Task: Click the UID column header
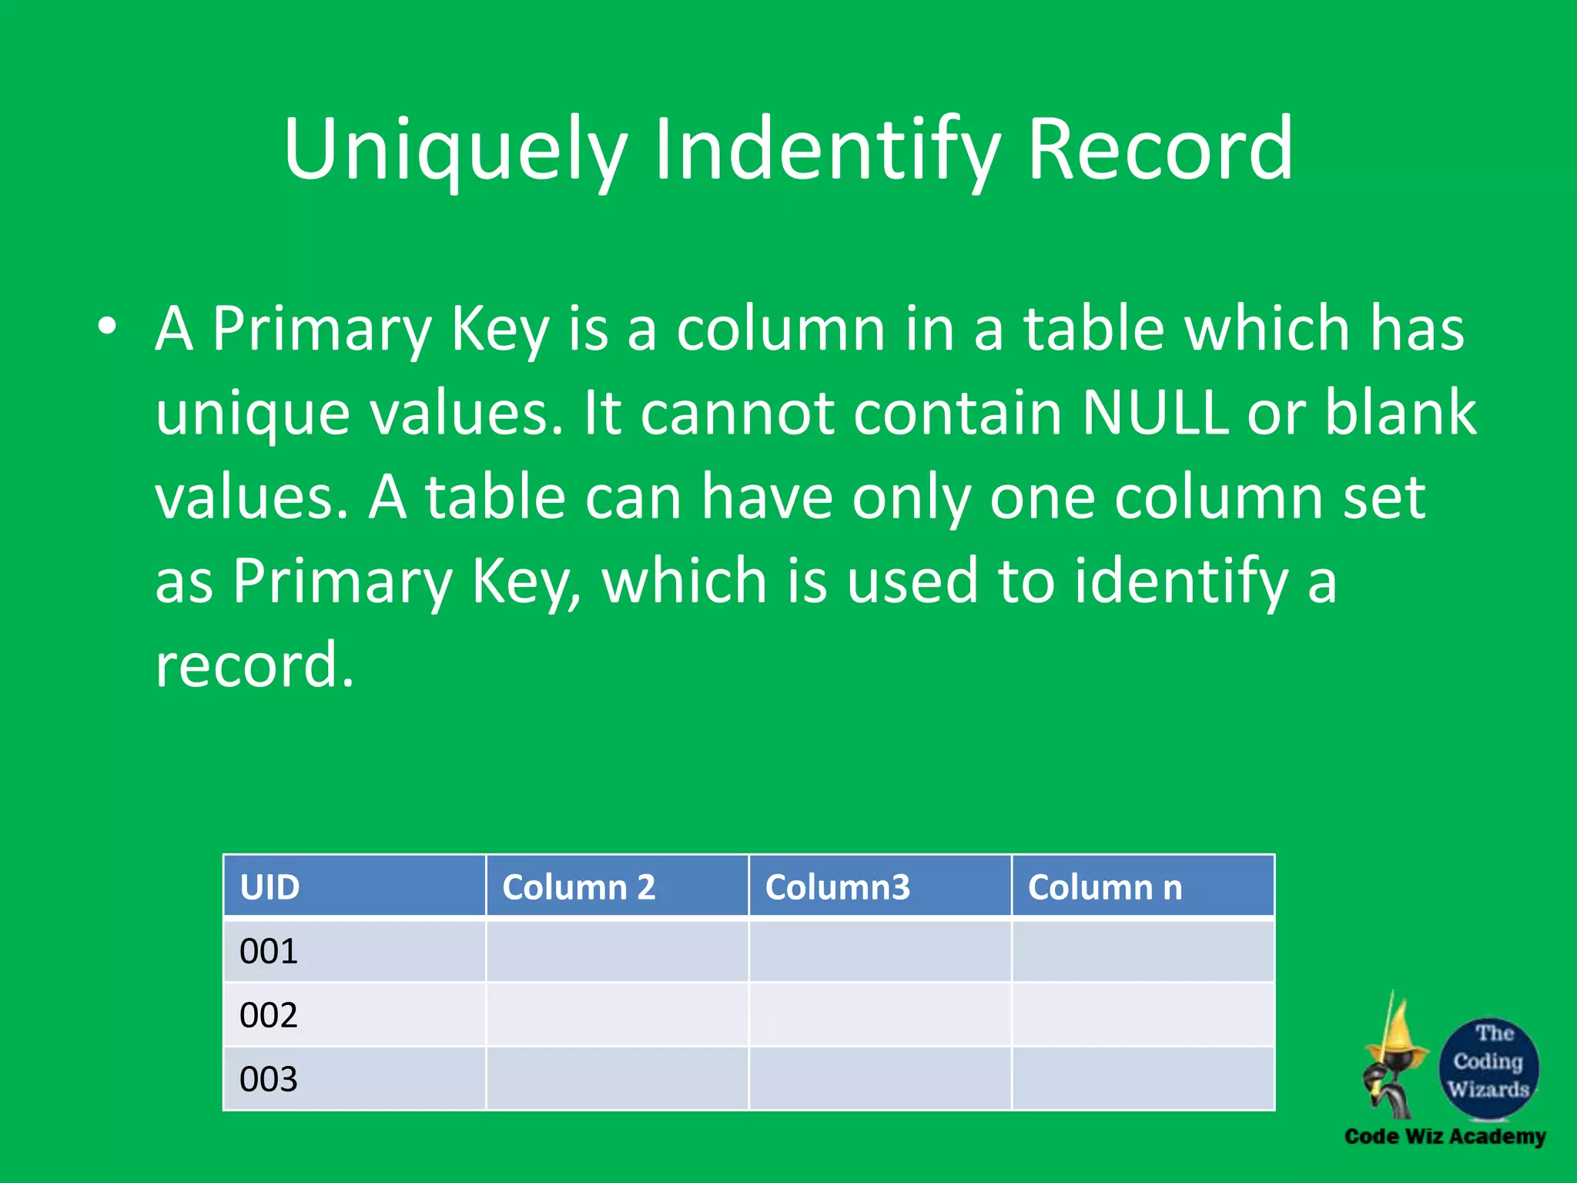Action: pos(354,886)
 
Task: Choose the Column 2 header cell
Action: pos(617,886)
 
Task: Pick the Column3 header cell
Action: pos(879,886)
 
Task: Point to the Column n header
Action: pos(1143,886)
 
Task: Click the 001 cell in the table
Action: pos(354,951)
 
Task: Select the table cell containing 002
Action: pos(354,1015)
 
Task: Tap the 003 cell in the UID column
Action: pos(354,1079)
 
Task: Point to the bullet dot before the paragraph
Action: pos(107,327)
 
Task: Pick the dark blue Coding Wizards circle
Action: pos(1488,1067)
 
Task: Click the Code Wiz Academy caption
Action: pos(1445,1137)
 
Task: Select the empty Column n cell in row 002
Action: pos(1143,1015)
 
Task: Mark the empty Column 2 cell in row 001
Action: pos(617,951)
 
